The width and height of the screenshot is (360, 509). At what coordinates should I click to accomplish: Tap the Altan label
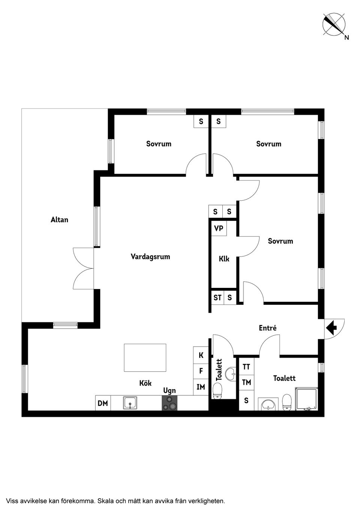(x=60, y=220)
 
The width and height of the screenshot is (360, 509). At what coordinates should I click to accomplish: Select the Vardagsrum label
(x=150, y=257)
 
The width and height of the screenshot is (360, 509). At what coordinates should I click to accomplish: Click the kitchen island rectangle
(x=145, y=358)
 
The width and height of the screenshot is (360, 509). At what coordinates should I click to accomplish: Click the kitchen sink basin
(x=130, y=403)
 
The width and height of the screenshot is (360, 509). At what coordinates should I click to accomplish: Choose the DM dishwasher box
(x=103, y=403)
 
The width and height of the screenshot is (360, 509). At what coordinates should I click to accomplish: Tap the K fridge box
(x=201, y=355)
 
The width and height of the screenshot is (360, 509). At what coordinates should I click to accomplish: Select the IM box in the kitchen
(x=201, y=387)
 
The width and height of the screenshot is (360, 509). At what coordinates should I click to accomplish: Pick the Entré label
(x=268, y=328)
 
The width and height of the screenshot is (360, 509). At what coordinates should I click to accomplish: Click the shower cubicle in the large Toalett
(x=306, y=399)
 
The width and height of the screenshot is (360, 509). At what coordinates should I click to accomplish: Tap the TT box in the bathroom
(x=246, y=367)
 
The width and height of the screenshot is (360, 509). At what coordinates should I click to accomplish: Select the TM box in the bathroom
(x=246, y=382)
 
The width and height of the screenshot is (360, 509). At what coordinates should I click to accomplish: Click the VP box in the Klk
(x=219, y=228)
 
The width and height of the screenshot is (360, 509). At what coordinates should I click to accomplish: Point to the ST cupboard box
(x=217, y=298)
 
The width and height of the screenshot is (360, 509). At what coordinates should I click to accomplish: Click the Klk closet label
(x=224, y=259)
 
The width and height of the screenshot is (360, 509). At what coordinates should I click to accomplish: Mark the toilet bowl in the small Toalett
(x=218, y=391)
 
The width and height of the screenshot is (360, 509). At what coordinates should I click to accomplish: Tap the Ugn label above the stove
(x=169, y=391)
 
